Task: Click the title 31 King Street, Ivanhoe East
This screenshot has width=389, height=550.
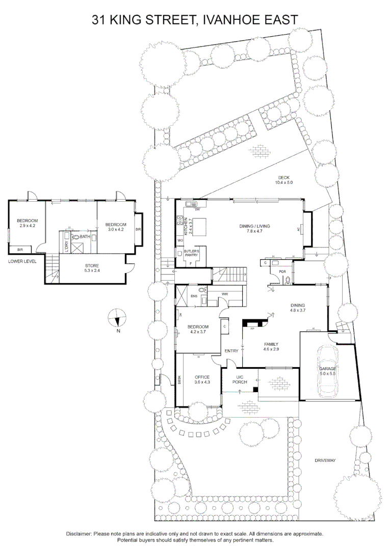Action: coord(194,20)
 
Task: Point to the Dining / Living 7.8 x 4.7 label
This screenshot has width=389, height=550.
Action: coord(254,229)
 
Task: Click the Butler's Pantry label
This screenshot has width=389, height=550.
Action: coord(192,254)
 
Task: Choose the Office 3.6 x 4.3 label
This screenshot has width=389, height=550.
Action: coord(202,379)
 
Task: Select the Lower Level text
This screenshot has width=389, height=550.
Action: coord(22,261)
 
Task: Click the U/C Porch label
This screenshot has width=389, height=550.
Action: coord(239,379)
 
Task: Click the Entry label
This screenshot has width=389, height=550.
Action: coord(232,350)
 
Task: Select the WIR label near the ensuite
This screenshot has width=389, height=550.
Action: coord(224,295)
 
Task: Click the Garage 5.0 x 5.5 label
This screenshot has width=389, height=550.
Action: coord(328,371)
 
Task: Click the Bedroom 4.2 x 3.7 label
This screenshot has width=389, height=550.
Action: coord(198,329)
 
